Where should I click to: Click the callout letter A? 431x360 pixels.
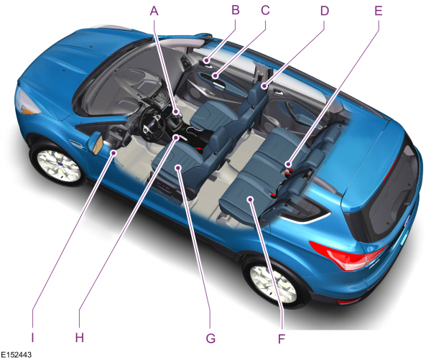pos(154,11)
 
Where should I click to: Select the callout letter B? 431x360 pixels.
pos(236,10)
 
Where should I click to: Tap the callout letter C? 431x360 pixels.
pos(265,10)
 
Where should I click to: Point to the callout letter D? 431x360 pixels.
pos(325,11)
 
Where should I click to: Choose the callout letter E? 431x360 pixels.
pos(379,11)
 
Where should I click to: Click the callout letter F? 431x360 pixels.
pos(282,339)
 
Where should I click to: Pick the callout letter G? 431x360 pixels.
pos(210,338)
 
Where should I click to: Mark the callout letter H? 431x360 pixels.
pos(80,338)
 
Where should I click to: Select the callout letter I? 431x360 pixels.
pos(32,338)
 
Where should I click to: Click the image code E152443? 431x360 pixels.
pos(16,355)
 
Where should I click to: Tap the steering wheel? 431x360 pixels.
pos(152,124)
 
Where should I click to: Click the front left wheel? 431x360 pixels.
pos(58,165)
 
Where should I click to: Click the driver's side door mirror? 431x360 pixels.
pos(96,143)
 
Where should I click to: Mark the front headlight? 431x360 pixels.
pos(27,103)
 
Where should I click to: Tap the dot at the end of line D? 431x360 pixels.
pos(264,87)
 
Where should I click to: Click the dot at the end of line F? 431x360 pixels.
pos(250,199)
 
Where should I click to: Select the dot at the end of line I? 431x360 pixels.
pos(113,153)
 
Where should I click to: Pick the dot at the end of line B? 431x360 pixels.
pos(206,60)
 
